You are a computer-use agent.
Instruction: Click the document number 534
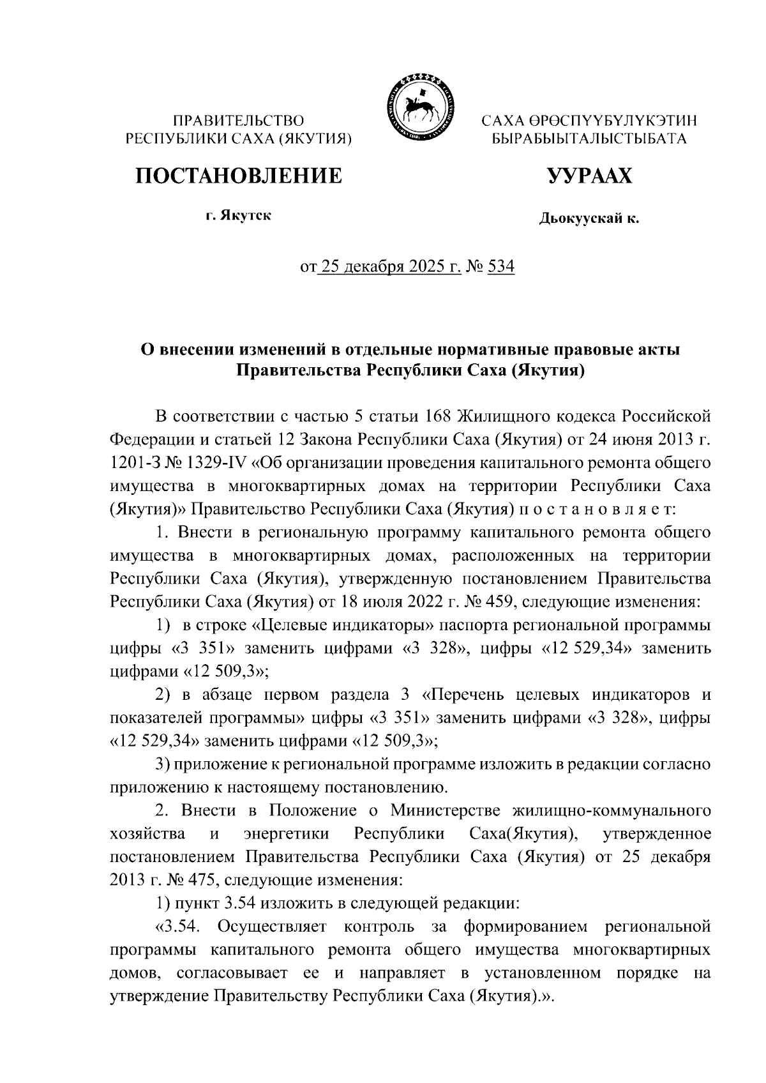click(x=501, y=266)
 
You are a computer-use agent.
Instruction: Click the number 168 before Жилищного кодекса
click(x=437, y=417)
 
